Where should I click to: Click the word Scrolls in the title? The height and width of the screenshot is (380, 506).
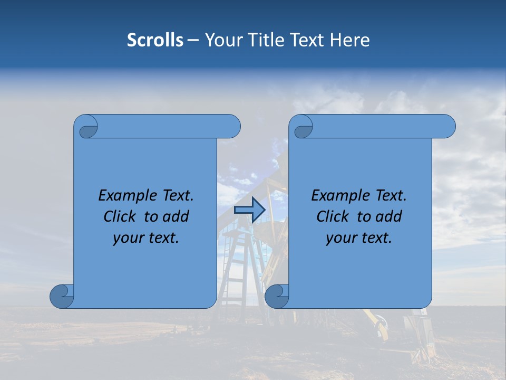pyautogui.click(x=155, y=40)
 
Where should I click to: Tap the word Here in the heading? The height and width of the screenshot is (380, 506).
pyautogui.click(x=350, y=40)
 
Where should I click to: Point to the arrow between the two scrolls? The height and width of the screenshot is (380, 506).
pyautogui.click(x=249, y=210)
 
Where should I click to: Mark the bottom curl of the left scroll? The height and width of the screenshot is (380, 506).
pyautogui.click(x=62, y=296)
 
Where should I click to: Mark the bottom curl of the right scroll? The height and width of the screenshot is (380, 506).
pyautogui.click(x=277, y=296)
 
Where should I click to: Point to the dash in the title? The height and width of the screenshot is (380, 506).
pyautogui.click(x=193, y=41)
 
